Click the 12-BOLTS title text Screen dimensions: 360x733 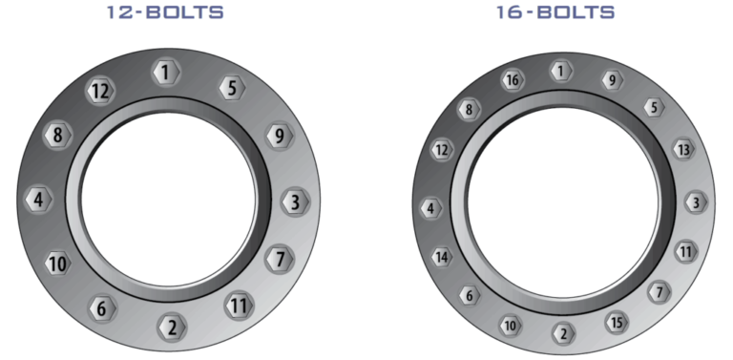(168, 13)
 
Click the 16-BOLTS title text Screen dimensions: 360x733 (555, 13)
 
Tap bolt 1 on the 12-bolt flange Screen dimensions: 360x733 (166, 73)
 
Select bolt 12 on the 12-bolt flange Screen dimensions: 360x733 (100, 92)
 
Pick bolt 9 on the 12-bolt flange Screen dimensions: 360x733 (278, 135)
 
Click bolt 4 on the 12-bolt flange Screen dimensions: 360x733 (37, 201)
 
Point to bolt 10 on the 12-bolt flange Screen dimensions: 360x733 (58, 262)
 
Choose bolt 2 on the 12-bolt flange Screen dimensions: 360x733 (172, 327)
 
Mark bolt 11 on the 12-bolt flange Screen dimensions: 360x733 (239, 307)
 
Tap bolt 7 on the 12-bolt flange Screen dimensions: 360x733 (279, 258)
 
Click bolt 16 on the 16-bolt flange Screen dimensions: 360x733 (513, 80)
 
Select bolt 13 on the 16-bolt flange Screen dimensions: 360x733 (681, 150)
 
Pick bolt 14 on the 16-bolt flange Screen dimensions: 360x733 (442, 257)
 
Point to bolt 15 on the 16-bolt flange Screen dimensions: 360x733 (617, 323)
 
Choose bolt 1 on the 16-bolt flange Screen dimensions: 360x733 (562, 71)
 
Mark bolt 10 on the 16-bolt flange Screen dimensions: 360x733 (511, 325)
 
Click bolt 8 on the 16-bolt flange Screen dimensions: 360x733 (469, 110)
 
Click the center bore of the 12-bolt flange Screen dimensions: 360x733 (168, 200)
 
